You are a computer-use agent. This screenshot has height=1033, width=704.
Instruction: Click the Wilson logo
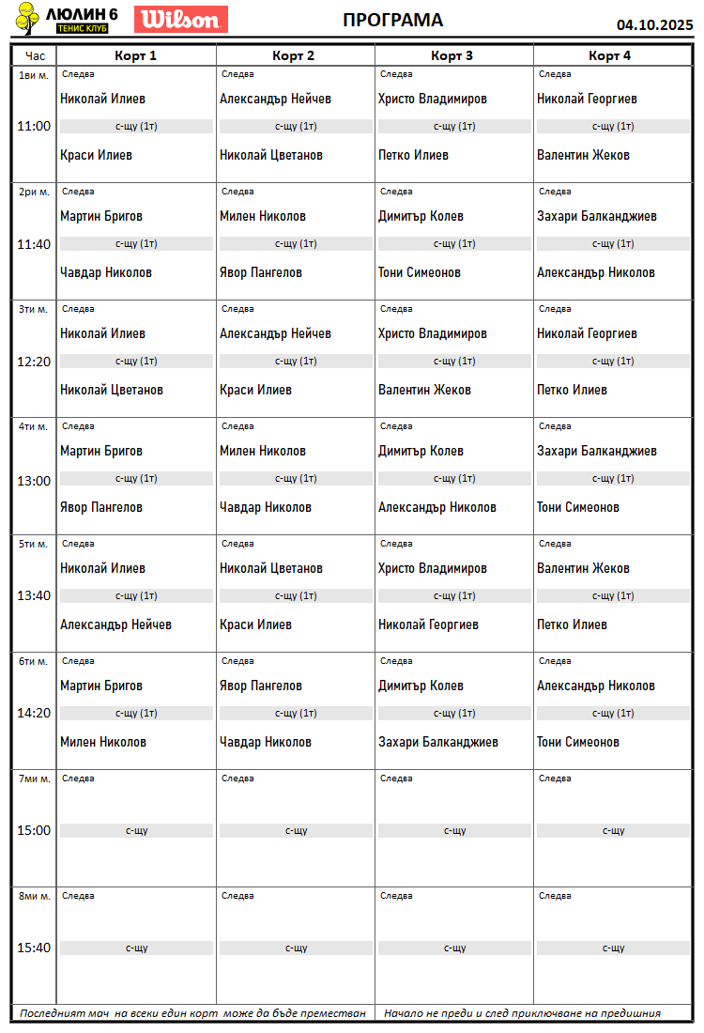(x=181, y=19)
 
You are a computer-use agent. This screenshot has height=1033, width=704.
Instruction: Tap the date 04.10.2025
(x=654, y=25)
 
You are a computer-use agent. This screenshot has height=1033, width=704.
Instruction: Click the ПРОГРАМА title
(x=392, y=20)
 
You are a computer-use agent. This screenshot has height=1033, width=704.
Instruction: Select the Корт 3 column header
(x=452, y=55)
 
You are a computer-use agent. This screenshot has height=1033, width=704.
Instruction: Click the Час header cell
(x=35, y=55)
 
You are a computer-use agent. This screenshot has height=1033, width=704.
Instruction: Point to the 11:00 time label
(x=35, y=126)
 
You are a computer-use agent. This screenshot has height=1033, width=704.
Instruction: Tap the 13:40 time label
(x=35, y=595)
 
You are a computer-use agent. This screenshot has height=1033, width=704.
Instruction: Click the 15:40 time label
(x=35, y=948)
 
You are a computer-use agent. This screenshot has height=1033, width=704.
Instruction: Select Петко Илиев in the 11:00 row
(x=413, y=155)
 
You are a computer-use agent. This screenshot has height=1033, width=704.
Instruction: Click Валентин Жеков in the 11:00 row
(x=583, y=155)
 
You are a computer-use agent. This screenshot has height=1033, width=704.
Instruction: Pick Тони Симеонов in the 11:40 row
(x=420, y=272)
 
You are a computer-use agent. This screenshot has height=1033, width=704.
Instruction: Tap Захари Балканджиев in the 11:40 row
(x=596, y=216)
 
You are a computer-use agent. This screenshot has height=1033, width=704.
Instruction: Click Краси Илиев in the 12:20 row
(x=255, y=390)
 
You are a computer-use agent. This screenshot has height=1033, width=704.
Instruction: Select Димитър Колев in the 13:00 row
(x=421, y=451)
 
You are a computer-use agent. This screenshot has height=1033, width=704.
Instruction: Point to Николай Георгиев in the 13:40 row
(x=428, y=624)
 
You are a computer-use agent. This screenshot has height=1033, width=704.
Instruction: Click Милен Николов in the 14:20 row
(x=103, y=742)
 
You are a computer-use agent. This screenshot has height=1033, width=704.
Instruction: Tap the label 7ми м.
(x=34, y=779)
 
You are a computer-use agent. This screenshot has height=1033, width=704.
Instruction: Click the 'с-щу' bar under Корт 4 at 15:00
(x=613, y=830)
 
